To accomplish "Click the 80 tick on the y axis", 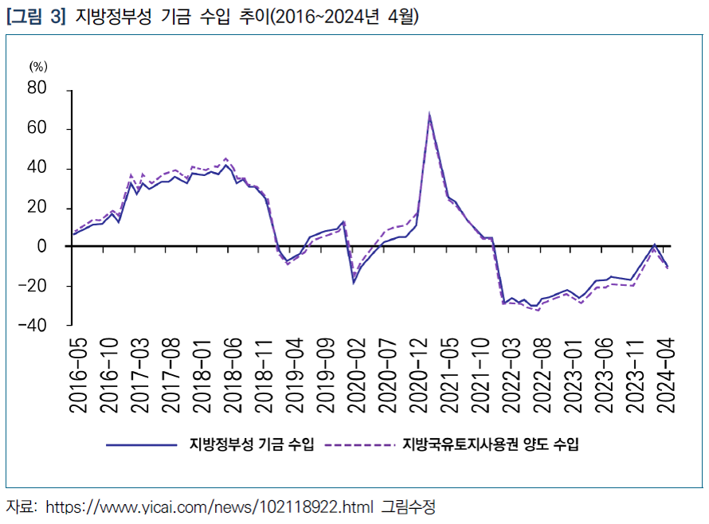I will tap(37, 89).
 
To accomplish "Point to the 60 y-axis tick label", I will tap(37, 129).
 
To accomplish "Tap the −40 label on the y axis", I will tap(33, 326).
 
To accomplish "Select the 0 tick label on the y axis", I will tap(43, 247).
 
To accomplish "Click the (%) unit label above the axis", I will tap(38, 67).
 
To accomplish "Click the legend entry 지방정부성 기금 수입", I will tap(252, 444).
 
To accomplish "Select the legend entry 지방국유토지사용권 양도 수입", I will tap(492, 444).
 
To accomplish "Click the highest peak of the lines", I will tap(429, 115).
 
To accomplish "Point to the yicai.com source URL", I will tap(210, 506).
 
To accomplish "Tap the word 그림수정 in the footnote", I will tap(409, 506).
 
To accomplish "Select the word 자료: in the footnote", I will tap(22, 506).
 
